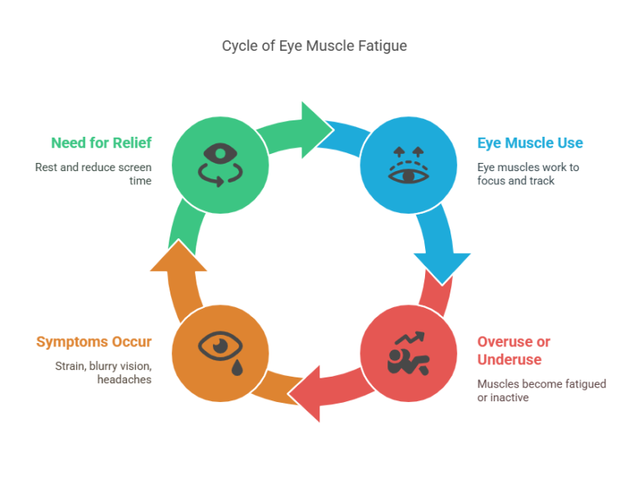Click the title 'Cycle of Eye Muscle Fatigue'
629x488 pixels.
click(314, 46)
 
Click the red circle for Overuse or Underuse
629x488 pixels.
click(408, 353)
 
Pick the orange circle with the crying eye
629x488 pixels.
click(219, 353)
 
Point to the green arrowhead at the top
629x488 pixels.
click(316, 129)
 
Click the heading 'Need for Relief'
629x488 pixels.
click(101, 142)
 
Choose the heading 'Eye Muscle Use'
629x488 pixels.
click(530, 142)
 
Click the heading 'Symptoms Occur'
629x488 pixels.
click(93, 341)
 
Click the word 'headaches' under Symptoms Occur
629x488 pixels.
click(124, 380)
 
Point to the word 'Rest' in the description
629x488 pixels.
click(47, 167)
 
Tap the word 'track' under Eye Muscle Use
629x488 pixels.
click(541, 180)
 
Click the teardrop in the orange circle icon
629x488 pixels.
click(237, 368)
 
